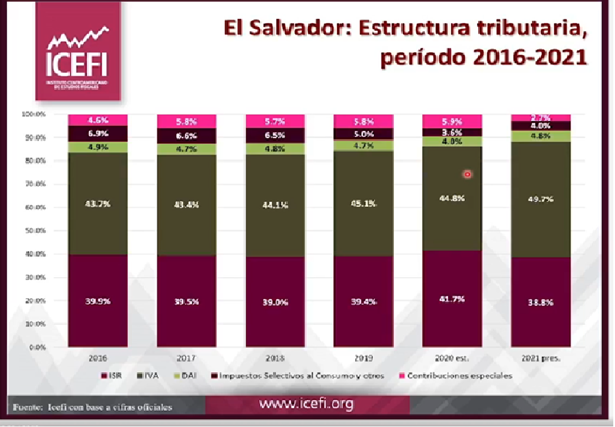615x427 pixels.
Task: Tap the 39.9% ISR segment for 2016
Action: pyautogui.click(x=98, y=301)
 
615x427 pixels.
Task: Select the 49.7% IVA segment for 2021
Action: pyautogui.click(x=540, y=199)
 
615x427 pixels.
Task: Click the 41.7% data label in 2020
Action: pyautogui.click(x=452, y=298)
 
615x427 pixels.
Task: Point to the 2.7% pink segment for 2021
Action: pyautogui.click(x=540, y=118)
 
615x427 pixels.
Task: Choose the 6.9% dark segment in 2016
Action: pyautogui.click(x=98, y=133)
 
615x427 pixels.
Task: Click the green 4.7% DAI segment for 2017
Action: pyautogui.click(x=187, y=149)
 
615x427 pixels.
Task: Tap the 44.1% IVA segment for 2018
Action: pyautogui.click(x=275, y=204)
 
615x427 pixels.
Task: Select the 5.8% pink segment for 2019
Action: pyautogui.click(x=363, y=122)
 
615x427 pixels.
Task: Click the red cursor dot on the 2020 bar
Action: pyautogui.click(x=467, y=174)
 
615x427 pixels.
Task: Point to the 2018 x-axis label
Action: pyautogui.click(x=275, y=359)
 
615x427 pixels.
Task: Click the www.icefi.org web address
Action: pyautogui.click(x=306, y=404)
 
